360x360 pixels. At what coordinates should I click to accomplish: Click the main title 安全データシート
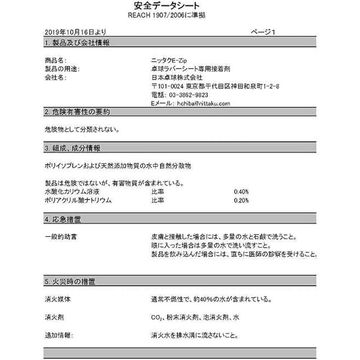pos(166,6)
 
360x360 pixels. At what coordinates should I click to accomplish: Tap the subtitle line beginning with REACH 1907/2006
pos(167,15)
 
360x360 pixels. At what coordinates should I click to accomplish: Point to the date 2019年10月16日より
pos(76,32)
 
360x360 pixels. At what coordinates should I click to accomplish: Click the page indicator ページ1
pos(263,32)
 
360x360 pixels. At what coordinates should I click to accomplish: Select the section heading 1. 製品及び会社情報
pos(77,43)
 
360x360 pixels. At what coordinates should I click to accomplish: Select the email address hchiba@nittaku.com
pos(203,103)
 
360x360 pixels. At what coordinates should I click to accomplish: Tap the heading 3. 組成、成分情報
pos(72,148)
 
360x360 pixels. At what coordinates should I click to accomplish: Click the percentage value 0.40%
pos(241,192)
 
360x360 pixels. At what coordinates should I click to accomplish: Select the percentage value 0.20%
pos(241,201)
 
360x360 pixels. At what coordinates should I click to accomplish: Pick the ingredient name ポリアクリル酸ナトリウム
pos(78,201)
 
